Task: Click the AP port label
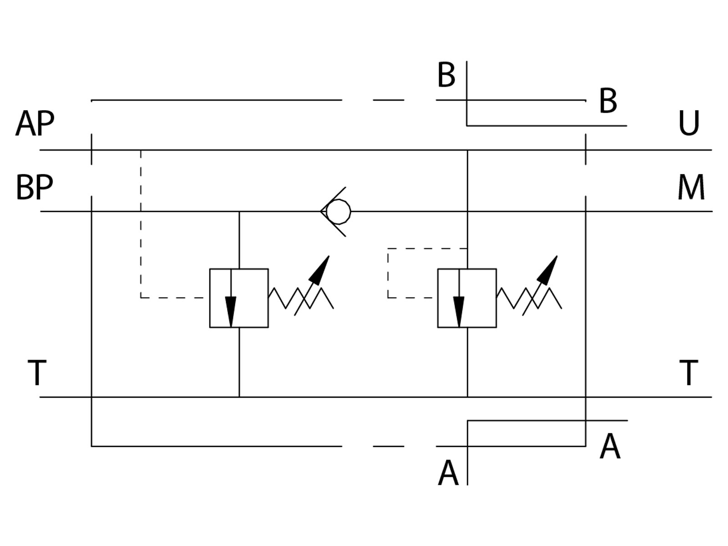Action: point(35,123)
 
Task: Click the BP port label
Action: point(35,187)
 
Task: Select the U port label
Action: point(689,123)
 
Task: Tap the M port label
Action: point(691,187)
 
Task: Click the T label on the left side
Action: point(37,373)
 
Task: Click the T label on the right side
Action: point(689,373)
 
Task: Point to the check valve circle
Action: point(339,212)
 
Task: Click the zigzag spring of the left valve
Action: point(301,298)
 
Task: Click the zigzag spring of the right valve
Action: point(529,298)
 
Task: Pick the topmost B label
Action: point(446,75)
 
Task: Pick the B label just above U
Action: point(608,101)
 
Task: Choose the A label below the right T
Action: point(610,446)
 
